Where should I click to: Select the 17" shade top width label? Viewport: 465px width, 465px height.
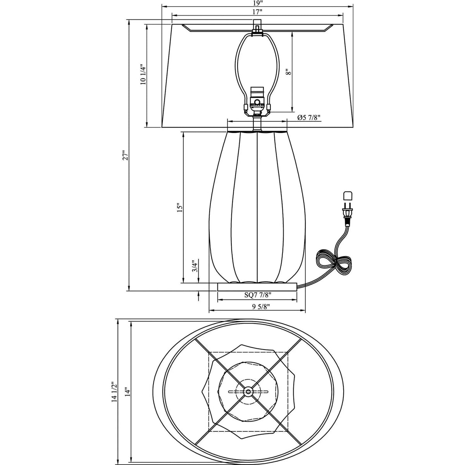257,12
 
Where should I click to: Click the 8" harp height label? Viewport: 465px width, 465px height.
287,72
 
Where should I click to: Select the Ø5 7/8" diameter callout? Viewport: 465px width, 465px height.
309,118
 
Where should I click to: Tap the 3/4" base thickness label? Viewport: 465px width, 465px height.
195,267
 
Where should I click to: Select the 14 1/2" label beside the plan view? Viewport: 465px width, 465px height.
114,393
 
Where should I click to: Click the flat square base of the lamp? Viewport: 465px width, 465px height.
257,287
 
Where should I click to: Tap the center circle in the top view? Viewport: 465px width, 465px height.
248,392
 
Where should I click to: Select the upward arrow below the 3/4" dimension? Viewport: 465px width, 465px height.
199,296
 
